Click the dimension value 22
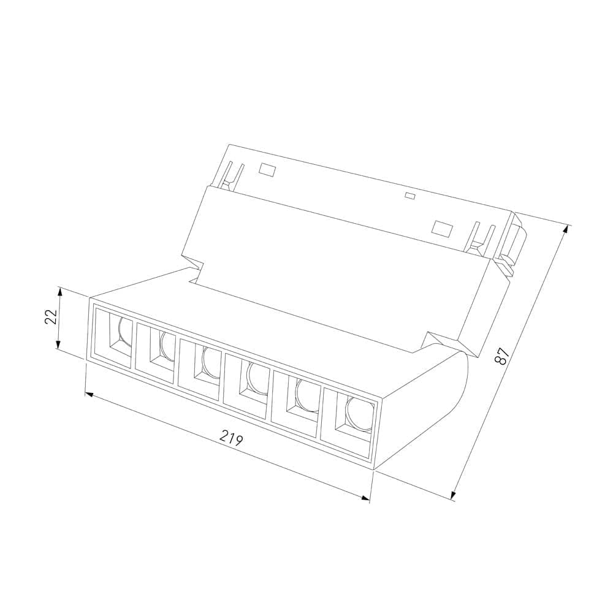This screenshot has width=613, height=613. pyautogui.click(x=51, y=316)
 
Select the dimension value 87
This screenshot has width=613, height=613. pyautogui.click(x=503, y=356)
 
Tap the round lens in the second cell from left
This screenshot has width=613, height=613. pyautogui.click(x=167, y=346)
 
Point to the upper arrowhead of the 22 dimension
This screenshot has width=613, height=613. pyautogui.click(x=59, y=289)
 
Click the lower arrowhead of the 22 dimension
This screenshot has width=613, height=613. pyautogui.click(x=59, y=347)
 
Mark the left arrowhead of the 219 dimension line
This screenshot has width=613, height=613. pyautogui.click(x=88, y=394)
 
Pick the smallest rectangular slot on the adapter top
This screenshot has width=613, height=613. pyautogui.click(x=409, y=197)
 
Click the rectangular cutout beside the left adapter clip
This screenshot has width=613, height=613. pyautogui.click(x=266, y=168)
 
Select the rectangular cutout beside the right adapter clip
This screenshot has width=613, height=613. pyautogui.click(x=442, y=227)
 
